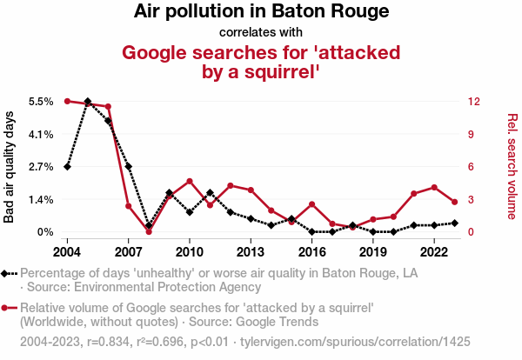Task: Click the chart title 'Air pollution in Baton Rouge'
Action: (261, 12)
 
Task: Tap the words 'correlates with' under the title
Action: (261, 33)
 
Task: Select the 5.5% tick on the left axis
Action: (41, 102)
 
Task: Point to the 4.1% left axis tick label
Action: (41, 134)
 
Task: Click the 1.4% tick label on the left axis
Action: (41, 199)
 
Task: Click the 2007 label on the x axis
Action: (128, 251)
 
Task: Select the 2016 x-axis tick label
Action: (311, 251)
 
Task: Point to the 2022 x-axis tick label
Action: (434, 251)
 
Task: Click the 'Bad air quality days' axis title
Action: (10, 167)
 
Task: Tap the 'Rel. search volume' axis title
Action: (512, 167)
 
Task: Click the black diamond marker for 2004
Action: (67, 166)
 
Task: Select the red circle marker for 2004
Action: (67, 102)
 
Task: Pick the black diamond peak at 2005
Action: (88, 102)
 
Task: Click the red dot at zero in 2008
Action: (149, 231)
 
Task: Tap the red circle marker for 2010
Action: (190, 181)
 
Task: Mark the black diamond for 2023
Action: (455, 223)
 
